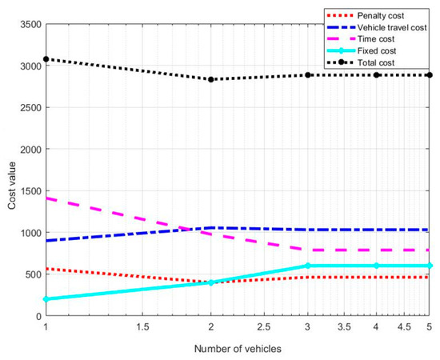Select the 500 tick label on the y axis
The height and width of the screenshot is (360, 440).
pos(31,274)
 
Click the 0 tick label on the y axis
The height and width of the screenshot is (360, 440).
pos(37,316)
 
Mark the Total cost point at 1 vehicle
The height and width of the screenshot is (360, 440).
pos(46,59)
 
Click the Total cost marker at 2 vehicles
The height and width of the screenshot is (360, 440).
pos(210,79)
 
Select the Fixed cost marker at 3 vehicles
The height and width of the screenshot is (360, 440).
pos(307,266)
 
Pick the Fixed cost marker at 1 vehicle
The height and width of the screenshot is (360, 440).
pos(46,299)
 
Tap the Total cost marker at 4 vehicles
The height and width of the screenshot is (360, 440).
pos(375,75)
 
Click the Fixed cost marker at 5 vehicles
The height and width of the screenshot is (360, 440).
pos(429,266)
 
